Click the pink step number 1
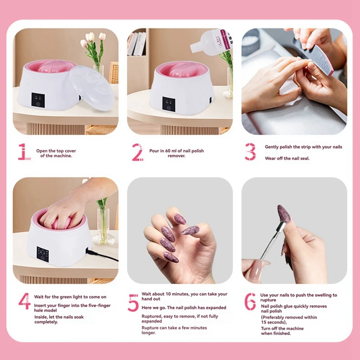pos(21,152)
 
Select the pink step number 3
pos(250,152)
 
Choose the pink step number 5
pos(133,303)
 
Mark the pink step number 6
pos(250,301)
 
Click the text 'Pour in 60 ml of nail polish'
pos(176,151)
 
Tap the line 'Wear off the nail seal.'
pos(287,158)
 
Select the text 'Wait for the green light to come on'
pos(70,297)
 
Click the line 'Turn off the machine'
pos(283,328)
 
